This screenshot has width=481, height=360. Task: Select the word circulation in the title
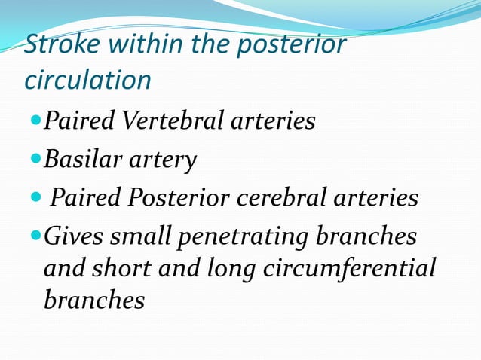[87, 79]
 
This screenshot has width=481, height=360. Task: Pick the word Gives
[73, 237]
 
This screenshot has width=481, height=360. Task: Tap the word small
[138, 237]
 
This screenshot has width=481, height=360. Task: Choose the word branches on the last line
[94, 301]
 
